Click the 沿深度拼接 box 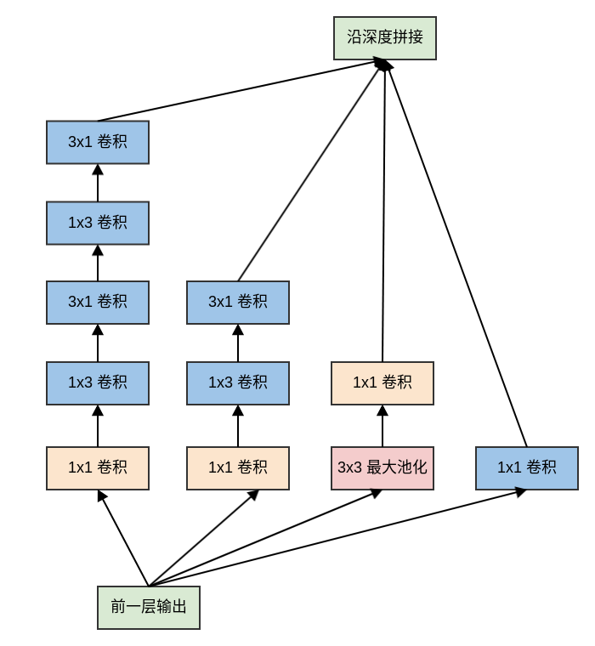(x=384, y=38)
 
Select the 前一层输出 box (x=149, y=608)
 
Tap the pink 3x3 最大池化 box (x=382, y=468)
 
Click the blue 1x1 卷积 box (x=527, y=468)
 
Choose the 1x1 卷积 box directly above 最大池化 (x=382, y=383)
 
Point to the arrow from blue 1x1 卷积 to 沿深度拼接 (x=456, y=255)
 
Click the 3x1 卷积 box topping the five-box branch (x=98, y=142)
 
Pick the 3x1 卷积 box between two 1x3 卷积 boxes (x=98, y=303)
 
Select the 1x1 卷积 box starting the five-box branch (x=98, y=468)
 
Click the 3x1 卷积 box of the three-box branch (x=238, y=303)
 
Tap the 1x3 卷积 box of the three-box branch (x=238, y=383)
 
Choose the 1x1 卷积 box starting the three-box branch (x=238, y=468)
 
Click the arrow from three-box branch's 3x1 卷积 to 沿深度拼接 (x=311, y=170)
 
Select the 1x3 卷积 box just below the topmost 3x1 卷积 (x=98, y=223)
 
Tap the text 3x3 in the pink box (x=349, y=468)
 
